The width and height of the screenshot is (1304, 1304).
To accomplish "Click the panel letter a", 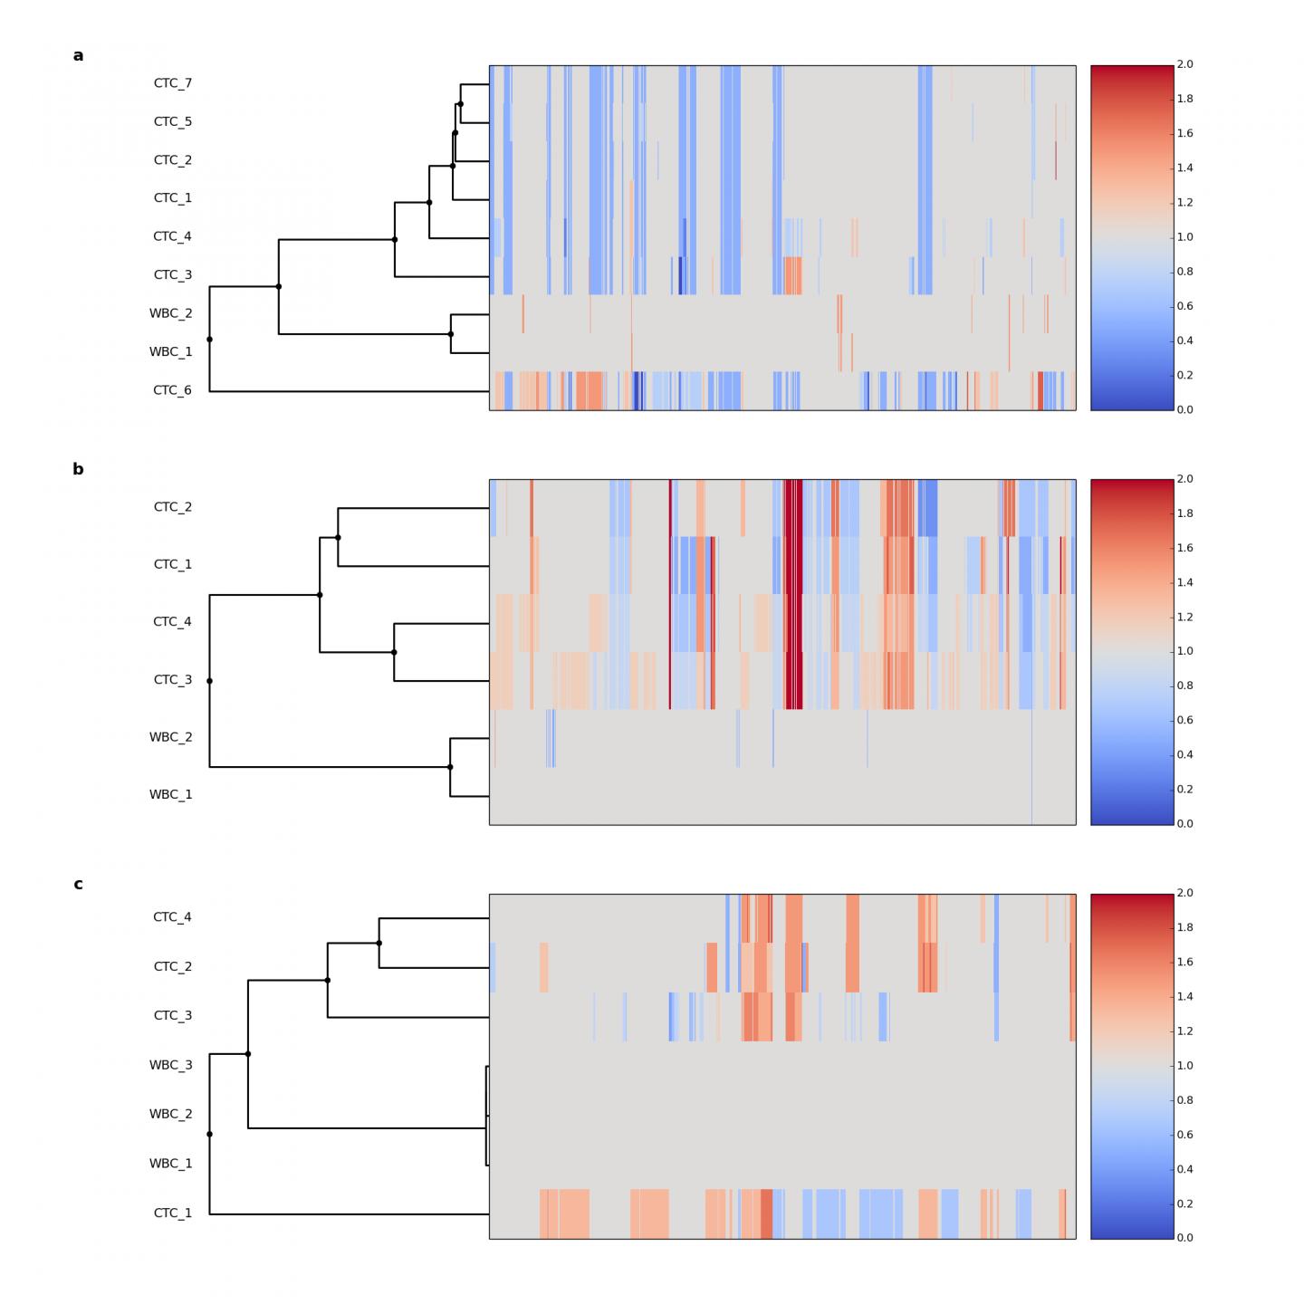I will pyautogui.click(x=78, y=56).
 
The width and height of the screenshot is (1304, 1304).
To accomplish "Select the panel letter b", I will pyautogui.click(x=78, y=470).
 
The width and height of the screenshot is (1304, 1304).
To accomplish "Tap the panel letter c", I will pyautogui.click(x=78, y=885).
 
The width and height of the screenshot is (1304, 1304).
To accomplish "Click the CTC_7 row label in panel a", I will pyautogui.click(x=172, y=83).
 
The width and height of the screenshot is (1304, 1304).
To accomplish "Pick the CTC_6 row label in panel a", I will pyautogui.click(x=172, y=390).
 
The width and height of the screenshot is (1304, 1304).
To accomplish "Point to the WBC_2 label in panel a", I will pyautogui.click(x=170, y=313).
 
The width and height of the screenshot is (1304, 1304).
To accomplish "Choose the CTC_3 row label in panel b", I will pyautogui.click(x=172, y=680).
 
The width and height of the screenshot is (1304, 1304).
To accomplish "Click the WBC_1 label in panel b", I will pyautogui.click(x=170, y=795).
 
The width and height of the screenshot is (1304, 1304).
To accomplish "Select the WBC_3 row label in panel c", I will pyautogui.click(x=170, y=1065).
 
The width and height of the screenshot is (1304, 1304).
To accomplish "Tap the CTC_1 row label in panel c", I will pyautogui.click(x=172, y=1213).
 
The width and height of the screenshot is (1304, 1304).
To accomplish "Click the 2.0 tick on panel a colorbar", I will pyautogui.click(x=1184, y=65).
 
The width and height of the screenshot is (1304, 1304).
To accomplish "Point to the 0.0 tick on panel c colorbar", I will pyautogui.click(x=1184, y=1238).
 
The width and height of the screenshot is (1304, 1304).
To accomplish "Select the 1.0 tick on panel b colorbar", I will pyautogui.click(x=1184, y=651).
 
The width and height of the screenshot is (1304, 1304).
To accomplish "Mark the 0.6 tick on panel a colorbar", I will pyautogui.click(x=1184, y=306).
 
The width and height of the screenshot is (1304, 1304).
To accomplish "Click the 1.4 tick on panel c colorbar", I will pyautogui.click(x=1184, y=997).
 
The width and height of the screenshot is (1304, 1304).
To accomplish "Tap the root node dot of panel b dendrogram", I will pyautogui.click(x=210, y=681).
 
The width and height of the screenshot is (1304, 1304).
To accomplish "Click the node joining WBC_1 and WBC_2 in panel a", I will pyautogui.click(x=451, y=334).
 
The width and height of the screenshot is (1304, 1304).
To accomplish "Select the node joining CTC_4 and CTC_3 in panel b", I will pyautogui.click(x=394, y=652).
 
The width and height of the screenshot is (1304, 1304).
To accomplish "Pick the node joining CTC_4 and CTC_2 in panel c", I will pyautogui.click(x=379, y=943).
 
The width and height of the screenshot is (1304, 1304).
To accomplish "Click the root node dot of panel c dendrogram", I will pyautogui.click(x=210, y=1134).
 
